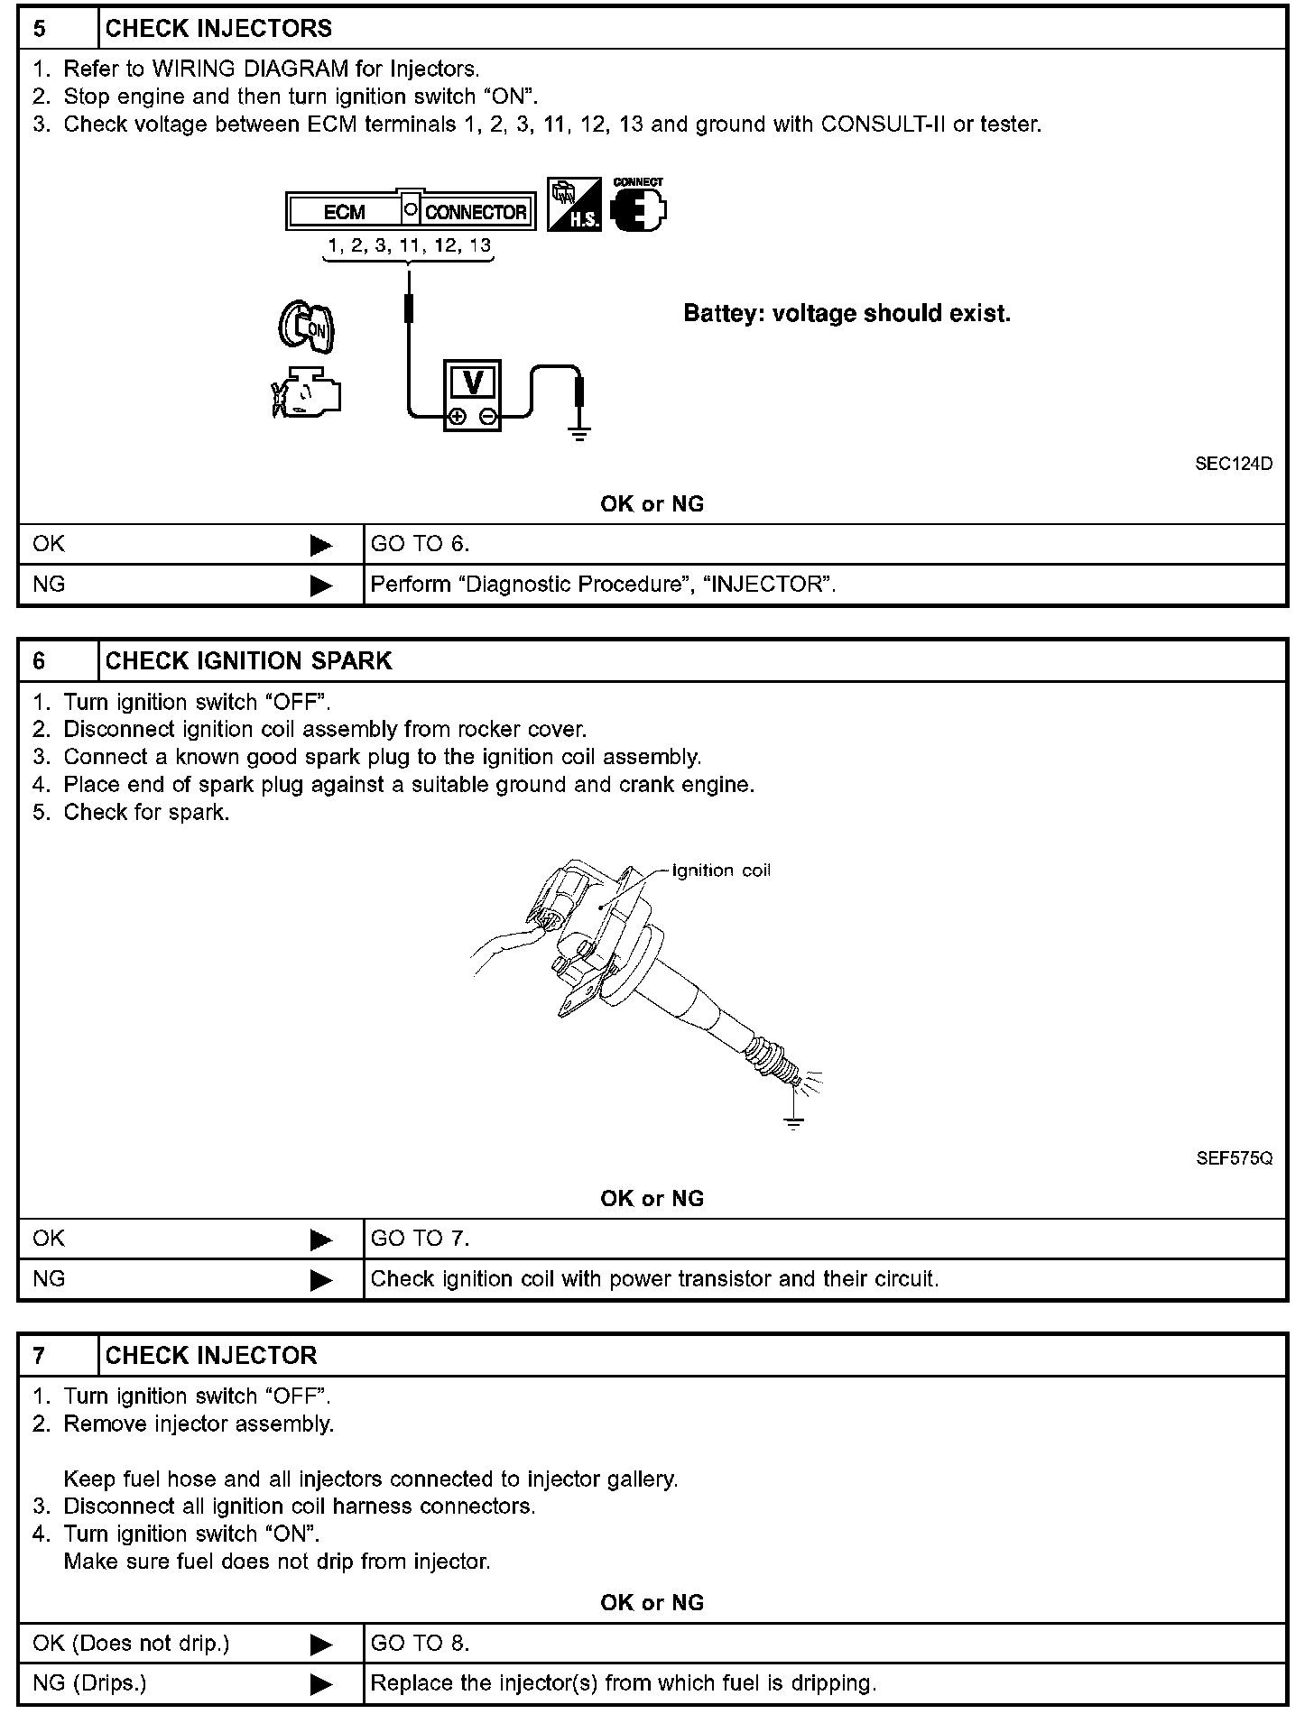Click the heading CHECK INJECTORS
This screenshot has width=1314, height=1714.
click(x=219, y=29)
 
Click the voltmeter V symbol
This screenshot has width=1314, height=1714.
click(x=472, y=383)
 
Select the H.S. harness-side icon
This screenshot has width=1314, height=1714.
click(x=574, y=205)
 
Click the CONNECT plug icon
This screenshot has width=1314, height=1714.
click(x=639, y=207)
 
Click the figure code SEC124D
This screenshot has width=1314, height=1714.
click(x=1234, y=465)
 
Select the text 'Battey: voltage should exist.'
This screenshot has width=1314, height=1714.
click(x=847, y=314)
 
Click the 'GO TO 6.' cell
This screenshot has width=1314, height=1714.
click(x=420, y=544)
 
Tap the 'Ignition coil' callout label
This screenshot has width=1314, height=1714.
click(x=721, y=871)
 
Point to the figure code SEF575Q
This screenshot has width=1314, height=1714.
click(x=1234, y=1159)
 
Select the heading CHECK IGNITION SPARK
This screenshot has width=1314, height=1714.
click(x=249, y=661)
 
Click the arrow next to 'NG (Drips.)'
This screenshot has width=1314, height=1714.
click(x=321, y=1684)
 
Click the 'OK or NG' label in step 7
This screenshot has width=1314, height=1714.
click(x=652, y=1603)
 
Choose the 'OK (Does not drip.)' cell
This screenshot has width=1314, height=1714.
click(x=132, y=1644)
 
